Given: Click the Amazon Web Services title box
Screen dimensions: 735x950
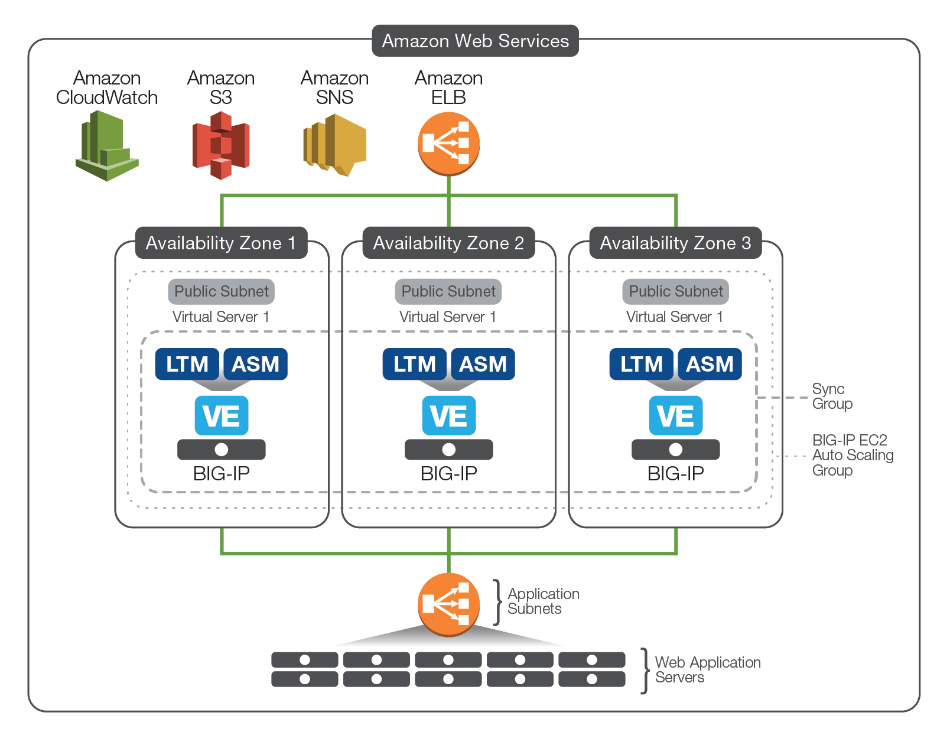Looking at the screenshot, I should point(475,41).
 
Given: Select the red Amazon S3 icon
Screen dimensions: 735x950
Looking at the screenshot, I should point(221,145).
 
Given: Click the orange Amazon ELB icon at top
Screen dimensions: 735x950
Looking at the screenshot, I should point(448,144).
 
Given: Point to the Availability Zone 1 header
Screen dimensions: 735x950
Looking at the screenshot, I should point(221,243).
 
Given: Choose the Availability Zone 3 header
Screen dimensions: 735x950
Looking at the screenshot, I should point(675,243).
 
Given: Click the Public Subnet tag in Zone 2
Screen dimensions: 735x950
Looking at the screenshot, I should point(448,291).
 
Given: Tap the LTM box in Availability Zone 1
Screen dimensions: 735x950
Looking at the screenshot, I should point(187,364).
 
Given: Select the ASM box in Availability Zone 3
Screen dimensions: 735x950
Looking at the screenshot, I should point(710,364).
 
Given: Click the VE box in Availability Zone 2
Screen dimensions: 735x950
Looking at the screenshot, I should point(448,416).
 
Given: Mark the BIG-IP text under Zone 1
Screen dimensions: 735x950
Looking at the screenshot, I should point(222,473).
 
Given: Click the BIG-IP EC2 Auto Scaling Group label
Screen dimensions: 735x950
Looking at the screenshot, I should point(852,455).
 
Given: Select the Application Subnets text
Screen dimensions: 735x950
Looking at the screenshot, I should point(543,601).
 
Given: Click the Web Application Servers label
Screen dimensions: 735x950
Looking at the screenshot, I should point(707,670).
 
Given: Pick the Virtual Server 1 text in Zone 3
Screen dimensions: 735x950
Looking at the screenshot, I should point(675,317).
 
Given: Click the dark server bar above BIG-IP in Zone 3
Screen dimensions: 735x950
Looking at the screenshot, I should point(675,450).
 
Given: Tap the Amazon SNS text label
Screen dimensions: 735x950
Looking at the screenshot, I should point(334,87).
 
